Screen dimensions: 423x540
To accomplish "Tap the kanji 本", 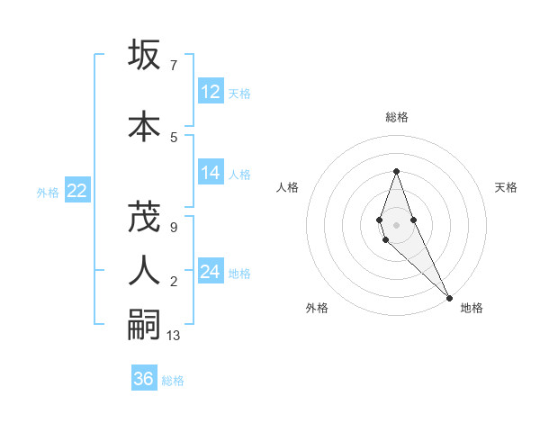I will pyautogui.click(x=143, y=125).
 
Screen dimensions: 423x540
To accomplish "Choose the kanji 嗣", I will pyautogui.click(x=143, y=324).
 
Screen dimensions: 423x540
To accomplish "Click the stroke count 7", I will pyautogui.click(x=173, y=65).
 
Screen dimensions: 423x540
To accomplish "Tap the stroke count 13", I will pyautogui.click(x=174, y=336).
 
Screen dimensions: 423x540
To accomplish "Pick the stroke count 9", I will pyautogui.click(x=173, y=228).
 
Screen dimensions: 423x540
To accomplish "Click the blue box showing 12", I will pyautogui.click(x=211, y=92).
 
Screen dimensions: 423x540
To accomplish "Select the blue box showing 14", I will pyautogui.click(x=211, y=174).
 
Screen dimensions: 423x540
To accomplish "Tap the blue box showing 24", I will pyautogui.click(x=211, y=272).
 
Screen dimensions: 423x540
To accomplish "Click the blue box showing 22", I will pyautogui.click(x=76, y=191).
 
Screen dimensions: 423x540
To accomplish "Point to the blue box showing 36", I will pyautogui.click(x=143, y=379).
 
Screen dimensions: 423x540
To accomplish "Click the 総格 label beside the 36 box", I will pyautogui.click(x=173, y=381).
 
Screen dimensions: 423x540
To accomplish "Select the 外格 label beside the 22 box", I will pyautogui.click(x=48, y=192).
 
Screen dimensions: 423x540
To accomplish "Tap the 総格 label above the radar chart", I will pyautogui.click(x=396, y=117).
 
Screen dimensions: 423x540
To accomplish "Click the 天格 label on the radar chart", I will pyautogui.click(x=506, y=187).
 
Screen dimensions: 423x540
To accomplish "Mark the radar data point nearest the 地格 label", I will pyautogui.click(x=449, y=297).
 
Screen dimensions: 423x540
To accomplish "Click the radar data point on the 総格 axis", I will pyautogui.click(x=396, y=171).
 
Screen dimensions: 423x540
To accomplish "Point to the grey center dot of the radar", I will pyautogui.click(x=396, y=225).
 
